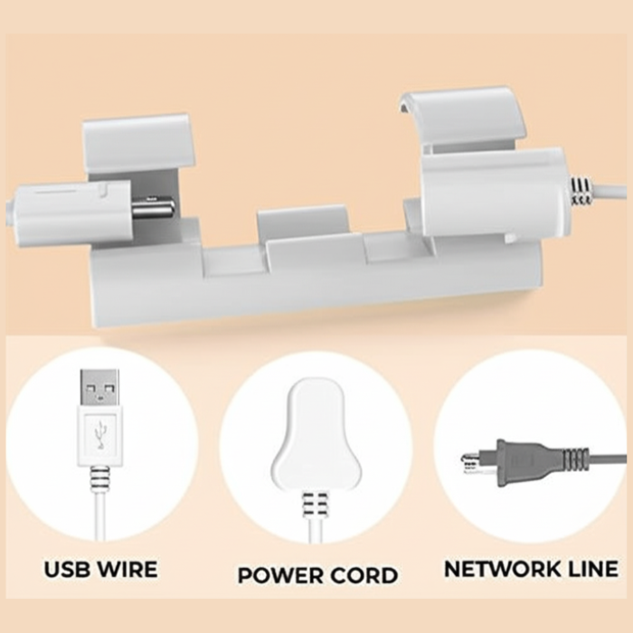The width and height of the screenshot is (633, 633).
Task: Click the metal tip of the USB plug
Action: (x=99, y=388)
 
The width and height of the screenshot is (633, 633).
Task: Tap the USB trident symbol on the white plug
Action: (x=99, y=436)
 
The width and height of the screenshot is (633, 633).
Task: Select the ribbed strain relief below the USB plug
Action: (x=99, y=476)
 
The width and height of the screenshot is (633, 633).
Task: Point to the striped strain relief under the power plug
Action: (x=316, y=505)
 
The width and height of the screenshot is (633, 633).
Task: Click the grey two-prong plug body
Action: (x=524, y=459)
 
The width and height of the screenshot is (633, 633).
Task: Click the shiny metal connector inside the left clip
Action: (x=153, y=207)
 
